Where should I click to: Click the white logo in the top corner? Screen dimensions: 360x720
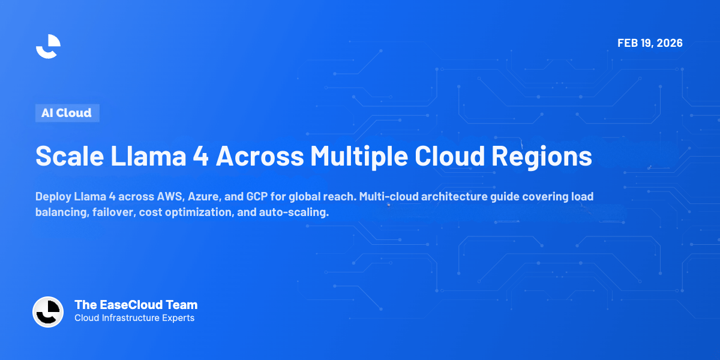click(49, 46)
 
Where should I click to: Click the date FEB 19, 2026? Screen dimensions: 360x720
click(650, 43)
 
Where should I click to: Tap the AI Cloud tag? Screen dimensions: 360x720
click(67, 113)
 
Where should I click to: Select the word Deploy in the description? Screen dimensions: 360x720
click(53, 197)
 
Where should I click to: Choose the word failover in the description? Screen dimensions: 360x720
click(114, 214)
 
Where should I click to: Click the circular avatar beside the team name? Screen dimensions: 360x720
click(48, 312)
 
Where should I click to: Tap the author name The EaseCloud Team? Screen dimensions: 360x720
click(136, 305)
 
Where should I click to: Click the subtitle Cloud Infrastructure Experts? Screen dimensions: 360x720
click(134, 318)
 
